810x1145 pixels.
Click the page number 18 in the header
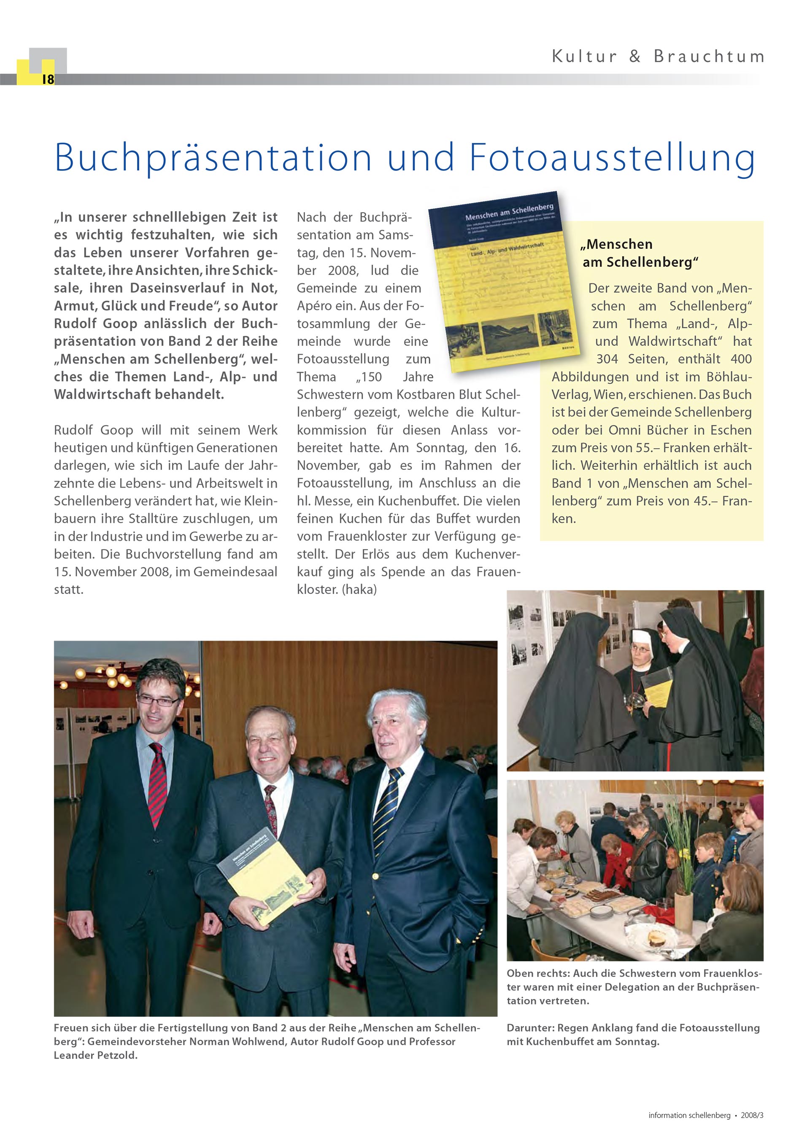click(48, 79)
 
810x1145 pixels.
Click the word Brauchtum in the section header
click(709, 57)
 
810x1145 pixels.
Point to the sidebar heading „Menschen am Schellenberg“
click(640, 253)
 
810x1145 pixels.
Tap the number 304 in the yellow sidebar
click(607, 359)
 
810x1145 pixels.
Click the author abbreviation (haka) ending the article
click(359, 590)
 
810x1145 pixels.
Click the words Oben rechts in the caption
click(537, 973)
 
